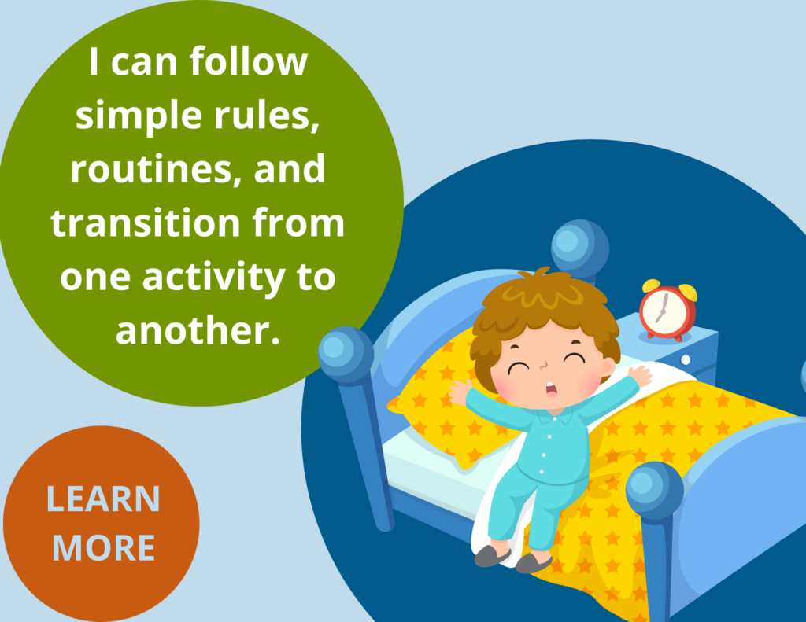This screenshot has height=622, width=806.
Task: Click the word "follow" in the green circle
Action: pyautogui.click(x=248, y=61)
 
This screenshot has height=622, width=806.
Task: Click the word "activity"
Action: pyautogui.click(x=214, y=278)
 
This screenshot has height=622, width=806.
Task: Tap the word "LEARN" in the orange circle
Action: pyautogui.click(x=103, y=499)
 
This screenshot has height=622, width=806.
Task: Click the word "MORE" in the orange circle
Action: pyautogui.click(x=104, y=547)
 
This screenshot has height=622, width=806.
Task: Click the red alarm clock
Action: pyautogui.click(x=668, y=311)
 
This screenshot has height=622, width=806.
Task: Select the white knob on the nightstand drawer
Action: pyautogui.click(x=686, y=359)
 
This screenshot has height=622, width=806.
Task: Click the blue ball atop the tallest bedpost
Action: pyautogui.click(x=580, y=248)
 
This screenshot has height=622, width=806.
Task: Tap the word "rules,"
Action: pyautogui.click(x=267, y=115)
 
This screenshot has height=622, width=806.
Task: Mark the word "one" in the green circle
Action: pyautogui.click(x=95, y=278)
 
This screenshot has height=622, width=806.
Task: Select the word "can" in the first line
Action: pyautogui.click(x=144, y=64)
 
